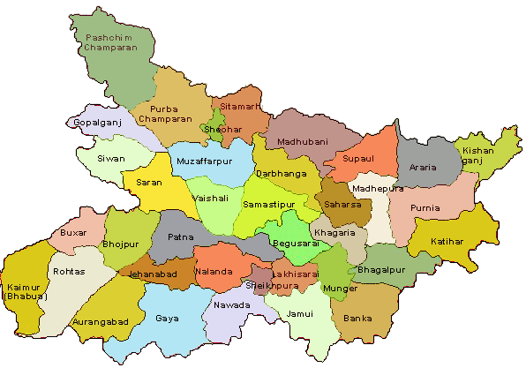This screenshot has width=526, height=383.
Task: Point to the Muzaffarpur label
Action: click(203, 162)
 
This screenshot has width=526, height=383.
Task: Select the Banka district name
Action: click(357, 317)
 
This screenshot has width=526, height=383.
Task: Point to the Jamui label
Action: click(300, 313)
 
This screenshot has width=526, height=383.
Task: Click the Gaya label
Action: click(167, 318)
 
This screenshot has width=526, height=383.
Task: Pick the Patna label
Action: click(180, 237)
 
